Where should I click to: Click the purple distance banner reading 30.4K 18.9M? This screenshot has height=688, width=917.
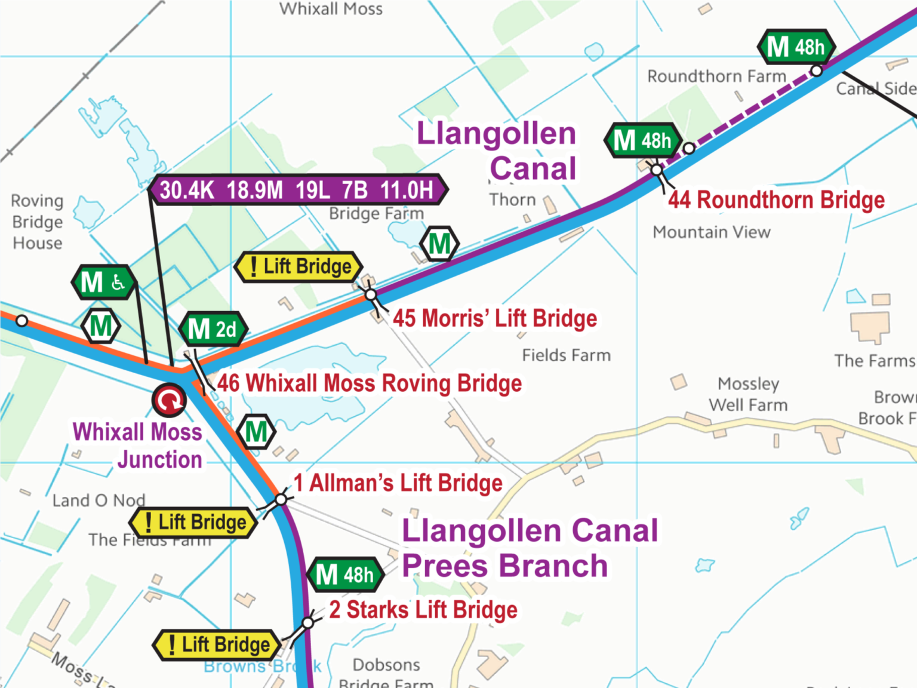[297, 190]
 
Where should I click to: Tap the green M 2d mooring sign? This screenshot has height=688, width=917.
[213, 329]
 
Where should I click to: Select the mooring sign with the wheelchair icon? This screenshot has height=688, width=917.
[103, 282]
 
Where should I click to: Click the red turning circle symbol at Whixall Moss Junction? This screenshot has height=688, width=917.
[170, 400]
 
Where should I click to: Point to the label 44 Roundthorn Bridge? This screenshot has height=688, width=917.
[776, 200]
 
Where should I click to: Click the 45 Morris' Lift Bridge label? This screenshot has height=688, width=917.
[494, 318]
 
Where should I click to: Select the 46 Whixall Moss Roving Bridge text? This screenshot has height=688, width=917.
[369, 383]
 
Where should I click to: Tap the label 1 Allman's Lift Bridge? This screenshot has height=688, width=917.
[398, 483]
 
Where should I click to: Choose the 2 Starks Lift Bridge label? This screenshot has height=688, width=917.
[423, 610]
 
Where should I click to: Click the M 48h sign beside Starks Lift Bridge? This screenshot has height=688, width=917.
[345, 575]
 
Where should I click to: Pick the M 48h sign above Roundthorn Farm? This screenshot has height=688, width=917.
[796, 47]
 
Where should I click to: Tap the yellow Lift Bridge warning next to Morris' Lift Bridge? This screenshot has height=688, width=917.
[299, 266]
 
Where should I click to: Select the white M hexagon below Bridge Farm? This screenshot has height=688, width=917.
[439, 244]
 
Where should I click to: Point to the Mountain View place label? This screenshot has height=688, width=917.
[711, 232]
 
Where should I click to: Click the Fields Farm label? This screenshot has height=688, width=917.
[566, 355]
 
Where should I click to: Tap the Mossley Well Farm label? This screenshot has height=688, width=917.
[748, 394]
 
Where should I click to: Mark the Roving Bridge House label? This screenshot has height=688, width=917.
[37, 222]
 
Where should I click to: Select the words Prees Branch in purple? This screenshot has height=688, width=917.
[504, 566]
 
